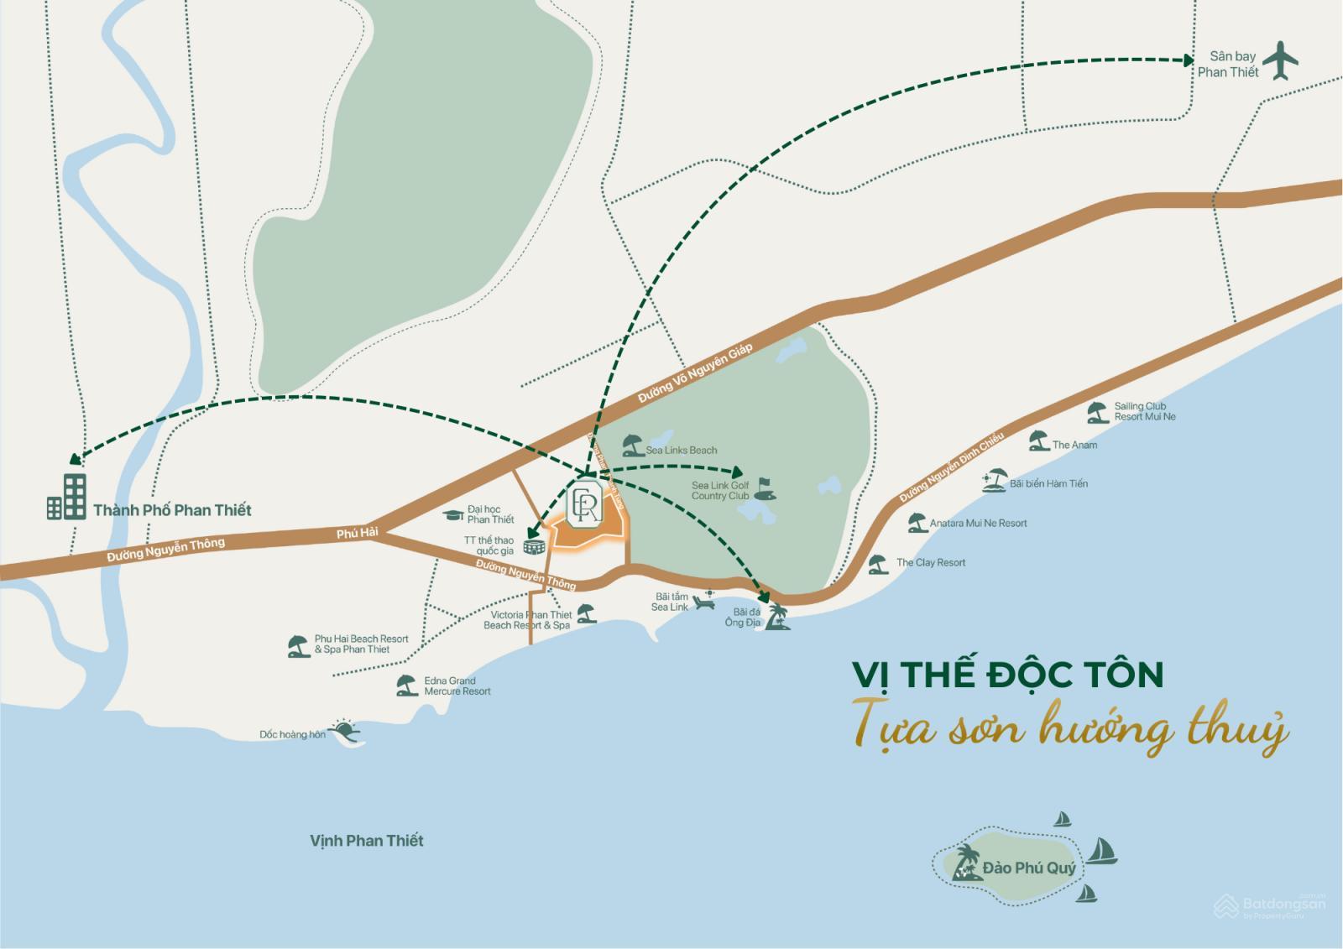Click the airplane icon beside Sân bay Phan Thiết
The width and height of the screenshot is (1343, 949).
(1280, 60)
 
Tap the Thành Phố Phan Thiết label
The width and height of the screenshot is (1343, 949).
(172, 510)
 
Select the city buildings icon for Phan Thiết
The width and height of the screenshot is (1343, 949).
(67, 497)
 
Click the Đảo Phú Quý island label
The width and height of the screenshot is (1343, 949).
(1029, 868)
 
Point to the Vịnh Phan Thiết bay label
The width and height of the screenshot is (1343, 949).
(367, 841)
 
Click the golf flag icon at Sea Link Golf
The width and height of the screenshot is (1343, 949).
(764, 489)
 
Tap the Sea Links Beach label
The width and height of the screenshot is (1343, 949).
(681, 451)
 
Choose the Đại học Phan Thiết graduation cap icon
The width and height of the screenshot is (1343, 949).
(454, 514)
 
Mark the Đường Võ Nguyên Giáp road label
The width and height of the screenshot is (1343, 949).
(695, 374)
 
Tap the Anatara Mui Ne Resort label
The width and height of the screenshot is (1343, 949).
(978, 524)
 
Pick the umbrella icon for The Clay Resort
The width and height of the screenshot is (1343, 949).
(878, 564)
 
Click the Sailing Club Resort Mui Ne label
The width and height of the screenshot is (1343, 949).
(1145, 412)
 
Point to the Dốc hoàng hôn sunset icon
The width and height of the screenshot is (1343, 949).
(344, 732)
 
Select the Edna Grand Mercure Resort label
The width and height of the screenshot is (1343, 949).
(457, 686)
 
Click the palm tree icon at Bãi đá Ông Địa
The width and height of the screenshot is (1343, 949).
(777, 617)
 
